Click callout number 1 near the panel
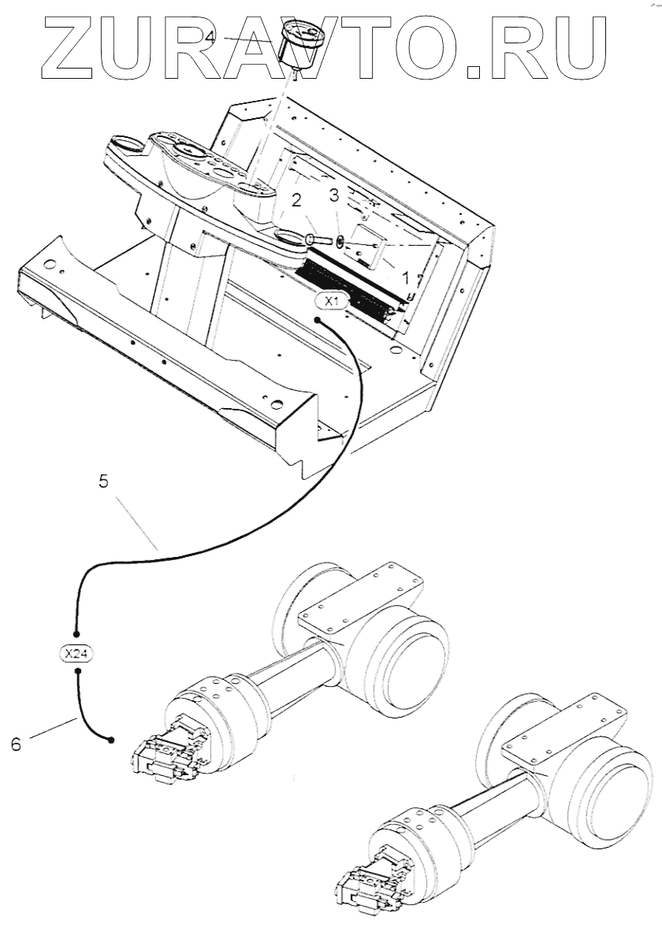click(x=406, y=277)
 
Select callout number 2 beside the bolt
click(x=296, y=200)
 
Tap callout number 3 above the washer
click(x=334, y=195)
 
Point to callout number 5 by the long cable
click(x=103, y=481)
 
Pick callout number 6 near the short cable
click(x=17, y=743)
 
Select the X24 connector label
click(x=77, y=652)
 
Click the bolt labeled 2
click(x=313, y=239)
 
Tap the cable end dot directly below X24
click(x=77, y=671)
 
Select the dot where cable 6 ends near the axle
click(x=111, y=740)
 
